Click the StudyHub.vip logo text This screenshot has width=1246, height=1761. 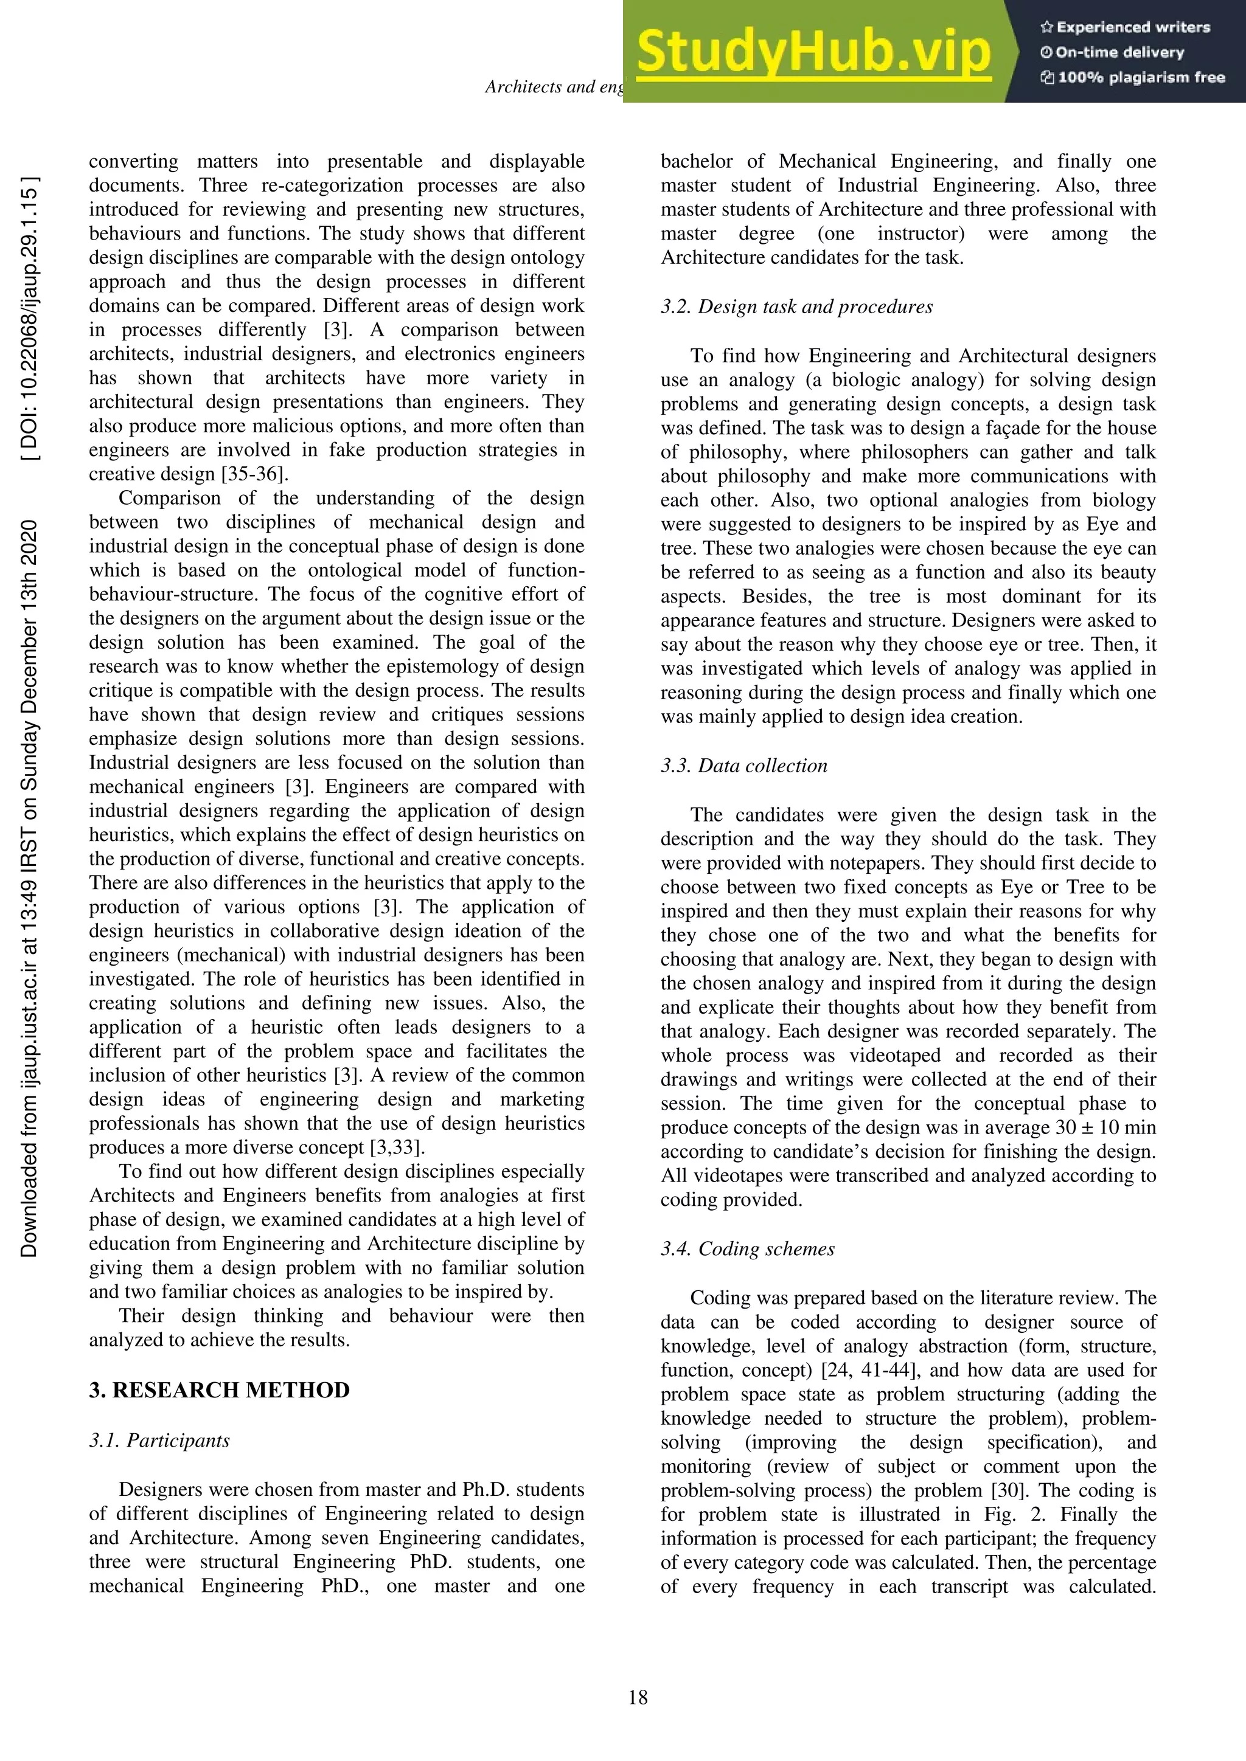click(x=813, y=52)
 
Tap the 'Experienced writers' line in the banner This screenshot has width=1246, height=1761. click(x=1126, y=27)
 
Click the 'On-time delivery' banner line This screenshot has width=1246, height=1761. click(x=1113, y=53)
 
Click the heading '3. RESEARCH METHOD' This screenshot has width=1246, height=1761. click(x=220, y=1391)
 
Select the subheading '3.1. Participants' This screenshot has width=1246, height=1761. click(x=159, y=1441)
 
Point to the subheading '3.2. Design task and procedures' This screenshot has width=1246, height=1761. click(x=796, y=307)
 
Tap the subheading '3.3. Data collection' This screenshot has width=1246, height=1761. click(x=744, y=766)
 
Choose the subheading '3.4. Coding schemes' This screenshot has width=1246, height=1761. click(x=747, y=1248)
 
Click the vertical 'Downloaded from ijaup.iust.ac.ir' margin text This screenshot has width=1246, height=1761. click(x=30, y=888)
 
